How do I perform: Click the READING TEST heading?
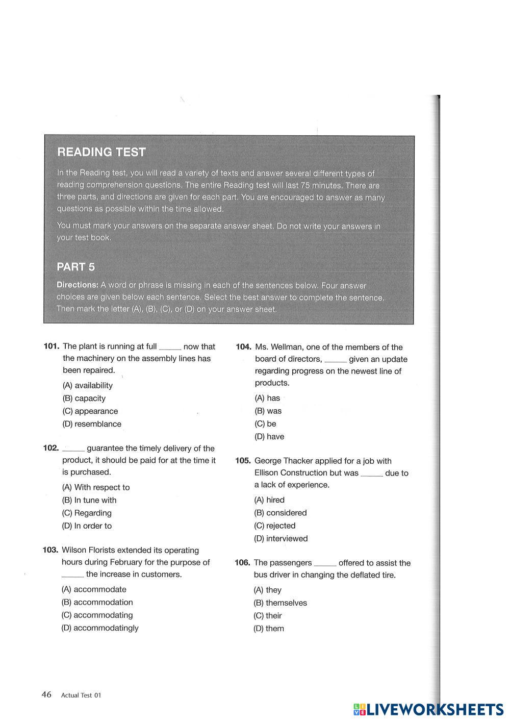[101, 152]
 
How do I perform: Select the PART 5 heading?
[75, 267]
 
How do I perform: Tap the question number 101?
[51, 346]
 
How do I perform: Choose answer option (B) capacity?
[84, 399]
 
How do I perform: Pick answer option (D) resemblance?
[92, 424]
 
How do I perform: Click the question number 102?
[51, 448]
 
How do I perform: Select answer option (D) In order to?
[87, 526]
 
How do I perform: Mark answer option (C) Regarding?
[86, 513]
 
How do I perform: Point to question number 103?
[50, 550]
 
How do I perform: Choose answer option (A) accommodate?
[93, 590]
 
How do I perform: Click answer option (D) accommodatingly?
[99, 628]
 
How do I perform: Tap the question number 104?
[243, 347]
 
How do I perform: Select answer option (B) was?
[268, 411]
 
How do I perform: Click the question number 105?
[243, 461]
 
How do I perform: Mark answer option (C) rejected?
[274, 526]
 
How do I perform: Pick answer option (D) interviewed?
[280, 539]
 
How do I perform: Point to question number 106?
[242, 563]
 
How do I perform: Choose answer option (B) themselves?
[280, 603]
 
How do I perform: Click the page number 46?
[46, 694]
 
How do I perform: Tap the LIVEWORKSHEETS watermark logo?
[428, 709]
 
